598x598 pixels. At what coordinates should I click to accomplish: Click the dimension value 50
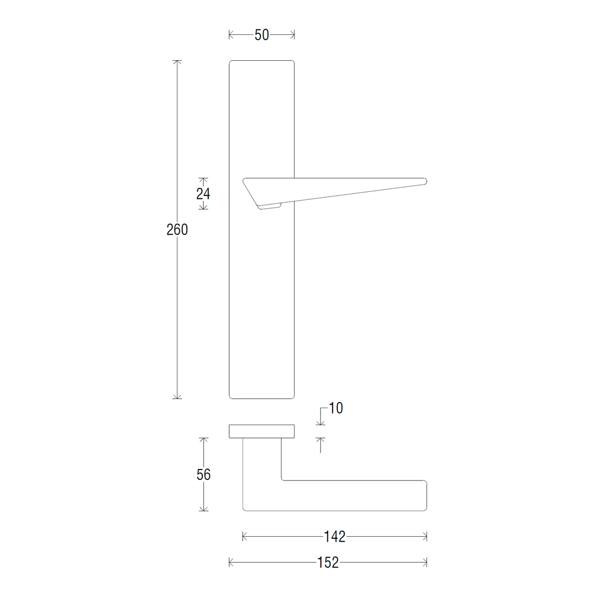tap(262, 35)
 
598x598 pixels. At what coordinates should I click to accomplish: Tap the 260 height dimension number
tap(177, 230)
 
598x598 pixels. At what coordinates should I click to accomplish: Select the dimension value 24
tap(203, 194)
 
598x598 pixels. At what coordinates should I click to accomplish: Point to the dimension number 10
tap(335, 408)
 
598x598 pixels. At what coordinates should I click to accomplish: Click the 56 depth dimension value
tap(204, 474)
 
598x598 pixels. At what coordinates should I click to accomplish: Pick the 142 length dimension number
tap(334, 537)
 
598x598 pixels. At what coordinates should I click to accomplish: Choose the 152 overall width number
tap(328, 563)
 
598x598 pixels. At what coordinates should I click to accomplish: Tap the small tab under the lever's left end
tap(270, 206)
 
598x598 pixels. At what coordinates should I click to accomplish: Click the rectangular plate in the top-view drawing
tap(262, 432)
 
